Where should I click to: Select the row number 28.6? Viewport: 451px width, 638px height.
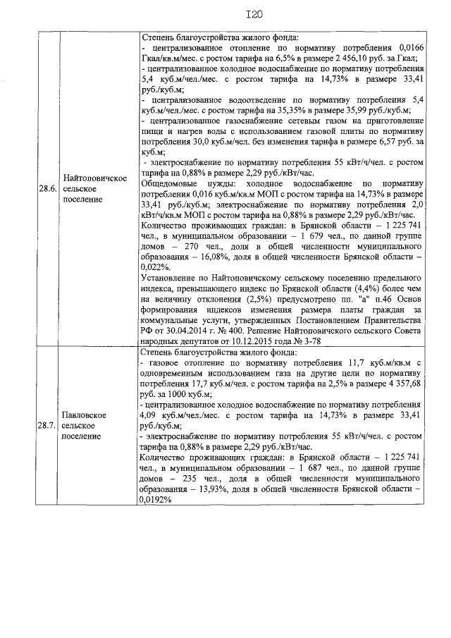[49, 188]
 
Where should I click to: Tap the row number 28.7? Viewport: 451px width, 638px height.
[49, 426]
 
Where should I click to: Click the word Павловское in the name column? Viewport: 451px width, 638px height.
[85, 415]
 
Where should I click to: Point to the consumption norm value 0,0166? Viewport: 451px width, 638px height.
[409, 48]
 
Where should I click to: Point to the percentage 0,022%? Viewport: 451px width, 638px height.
[156, 268]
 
